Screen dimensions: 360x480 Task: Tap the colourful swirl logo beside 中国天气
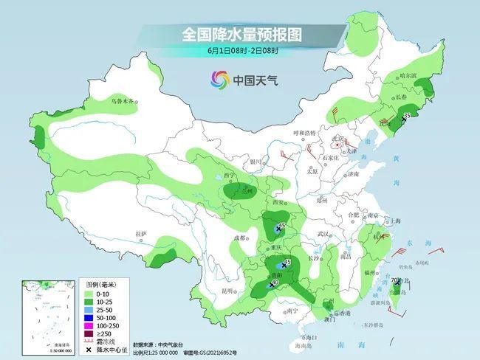tap(219, 79)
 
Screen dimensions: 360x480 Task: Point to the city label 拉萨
tap(141, 234)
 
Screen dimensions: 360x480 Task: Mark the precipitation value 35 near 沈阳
tap(408, 116)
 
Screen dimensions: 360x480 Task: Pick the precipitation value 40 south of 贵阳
tap(275, 282)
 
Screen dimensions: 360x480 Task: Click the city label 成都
tap(240, 238)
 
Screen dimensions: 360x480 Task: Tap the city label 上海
tap(397, 221)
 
